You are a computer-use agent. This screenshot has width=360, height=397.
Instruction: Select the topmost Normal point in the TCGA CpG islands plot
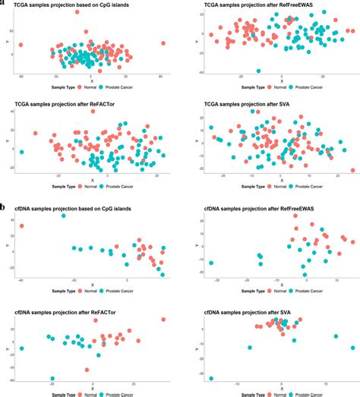77,12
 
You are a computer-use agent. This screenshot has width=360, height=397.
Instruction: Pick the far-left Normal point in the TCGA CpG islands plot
21,45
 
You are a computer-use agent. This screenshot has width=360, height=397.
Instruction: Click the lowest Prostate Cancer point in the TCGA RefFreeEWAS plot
258,71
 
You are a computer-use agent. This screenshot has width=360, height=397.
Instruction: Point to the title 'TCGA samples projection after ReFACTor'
68,103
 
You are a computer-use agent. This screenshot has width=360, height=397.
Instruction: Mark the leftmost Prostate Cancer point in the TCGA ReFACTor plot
21,152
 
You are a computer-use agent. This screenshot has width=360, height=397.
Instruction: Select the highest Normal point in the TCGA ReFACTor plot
93,112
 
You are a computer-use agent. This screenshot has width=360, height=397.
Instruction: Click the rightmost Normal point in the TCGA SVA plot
352,170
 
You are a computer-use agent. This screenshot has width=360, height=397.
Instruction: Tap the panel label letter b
4,206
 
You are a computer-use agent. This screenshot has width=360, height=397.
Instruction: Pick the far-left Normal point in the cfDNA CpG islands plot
21,225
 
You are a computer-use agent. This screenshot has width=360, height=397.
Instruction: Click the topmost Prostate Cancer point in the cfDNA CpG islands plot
64,216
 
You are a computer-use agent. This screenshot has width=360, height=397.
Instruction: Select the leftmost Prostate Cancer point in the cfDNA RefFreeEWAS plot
210,263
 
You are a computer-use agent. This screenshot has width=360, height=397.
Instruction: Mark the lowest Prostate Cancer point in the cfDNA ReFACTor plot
52,378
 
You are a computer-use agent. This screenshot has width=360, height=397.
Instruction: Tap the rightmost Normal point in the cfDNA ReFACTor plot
163,320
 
